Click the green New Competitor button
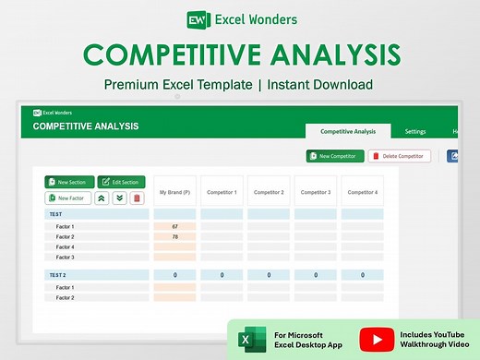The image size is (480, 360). pos(335,156)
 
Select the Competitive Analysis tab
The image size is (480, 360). pos(348,132)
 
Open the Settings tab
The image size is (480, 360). pos(415,132)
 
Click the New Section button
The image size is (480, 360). pos(68,182)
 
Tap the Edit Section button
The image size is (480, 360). pos(122,182)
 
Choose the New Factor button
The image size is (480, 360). pos(68,198)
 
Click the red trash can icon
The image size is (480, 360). pos(138,198)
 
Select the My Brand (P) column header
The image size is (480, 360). pos(174,192)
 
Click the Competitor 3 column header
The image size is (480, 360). pos(316,192)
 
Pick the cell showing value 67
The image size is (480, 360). pos(174,226)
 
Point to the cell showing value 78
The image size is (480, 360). pos(174,236)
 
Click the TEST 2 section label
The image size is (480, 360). pos(57,275)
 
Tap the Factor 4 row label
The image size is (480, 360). pos(65,246)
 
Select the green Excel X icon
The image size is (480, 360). pos(247,340)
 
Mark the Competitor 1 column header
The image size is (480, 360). pos(222,192)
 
